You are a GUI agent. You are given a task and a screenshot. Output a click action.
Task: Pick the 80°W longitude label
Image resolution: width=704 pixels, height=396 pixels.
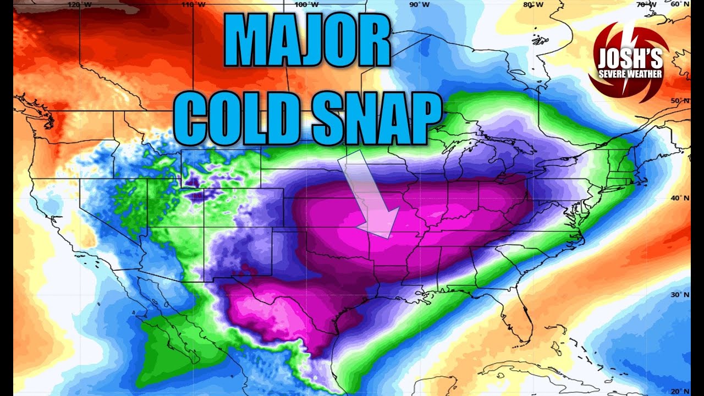(531, 4)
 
